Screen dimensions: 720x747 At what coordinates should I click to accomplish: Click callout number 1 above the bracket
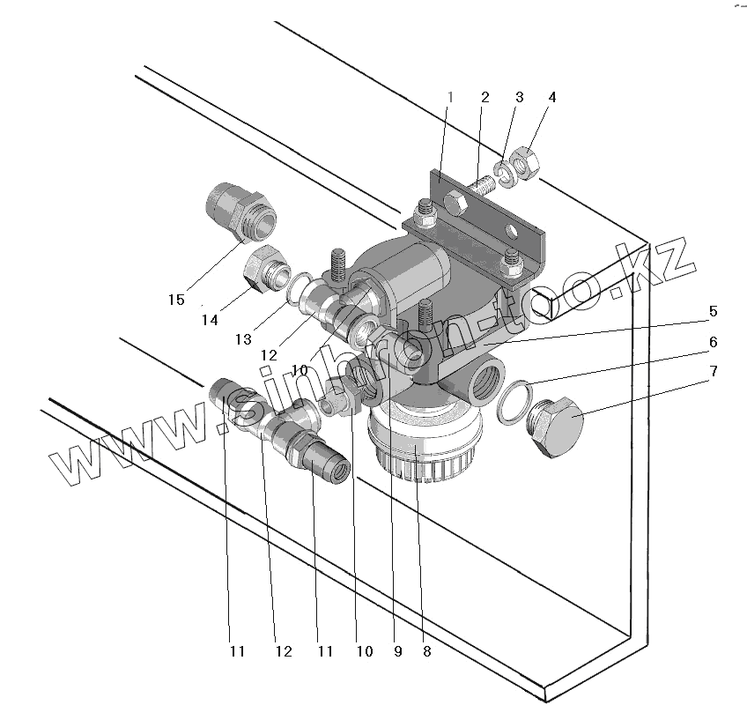coord(449,96)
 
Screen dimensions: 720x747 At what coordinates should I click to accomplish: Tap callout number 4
coord(551,96)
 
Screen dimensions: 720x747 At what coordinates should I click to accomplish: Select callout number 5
coord(713,311)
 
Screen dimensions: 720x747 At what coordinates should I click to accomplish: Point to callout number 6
coord(713,341)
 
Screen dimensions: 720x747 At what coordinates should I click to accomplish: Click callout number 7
coord(713,371)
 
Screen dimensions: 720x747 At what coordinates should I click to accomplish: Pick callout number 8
coord(426,652)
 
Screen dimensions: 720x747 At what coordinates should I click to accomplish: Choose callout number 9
coord(397,652)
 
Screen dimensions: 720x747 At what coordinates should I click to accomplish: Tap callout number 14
coord(209,321)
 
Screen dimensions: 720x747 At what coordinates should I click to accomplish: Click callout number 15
coord(177,300)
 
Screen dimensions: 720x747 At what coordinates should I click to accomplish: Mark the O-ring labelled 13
coord(299,287)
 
